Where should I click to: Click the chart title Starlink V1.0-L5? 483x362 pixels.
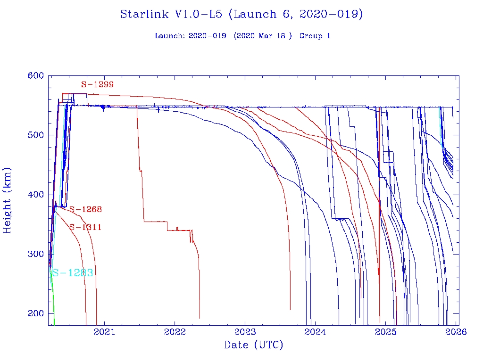coord(241,14)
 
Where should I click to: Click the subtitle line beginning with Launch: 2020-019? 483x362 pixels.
coord(242,36)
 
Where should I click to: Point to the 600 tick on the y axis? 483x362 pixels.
coord(36,76)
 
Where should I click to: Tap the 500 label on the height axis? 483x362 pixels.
coord(36,135)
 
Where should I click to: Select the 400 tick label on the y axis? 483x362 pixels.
coord(36,195)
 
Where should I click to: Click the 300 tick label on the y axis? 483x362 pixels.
coord(36,254)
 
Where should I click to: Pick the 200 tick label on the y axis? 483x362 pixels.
coord(36,313)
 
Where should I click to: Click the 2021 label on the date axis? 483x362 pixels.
coord(104,332)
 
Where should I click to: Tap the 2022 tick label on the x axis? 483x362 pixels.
coord(175,332)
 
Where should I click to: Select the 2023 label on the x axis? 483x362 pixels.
coord(245,332)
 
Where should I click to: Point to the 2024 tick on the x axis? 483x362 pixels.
coord(315,332)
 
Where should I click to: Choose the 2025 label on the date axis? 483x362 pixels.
coord(385,332)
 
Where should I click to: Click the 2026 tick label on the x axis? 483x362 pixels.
coord(456,332)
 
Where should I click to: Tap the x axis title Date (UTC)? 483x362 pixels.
coord(253,346)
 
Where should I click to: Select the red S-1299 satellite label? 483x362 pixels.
coord(97,85)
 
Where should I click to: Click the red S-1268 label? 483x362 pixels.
coord(85,209)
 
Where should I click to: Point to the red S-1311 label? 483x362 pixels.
coord(85,227)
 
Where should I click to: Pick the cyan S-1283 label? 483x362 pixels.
coord(72,273)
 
